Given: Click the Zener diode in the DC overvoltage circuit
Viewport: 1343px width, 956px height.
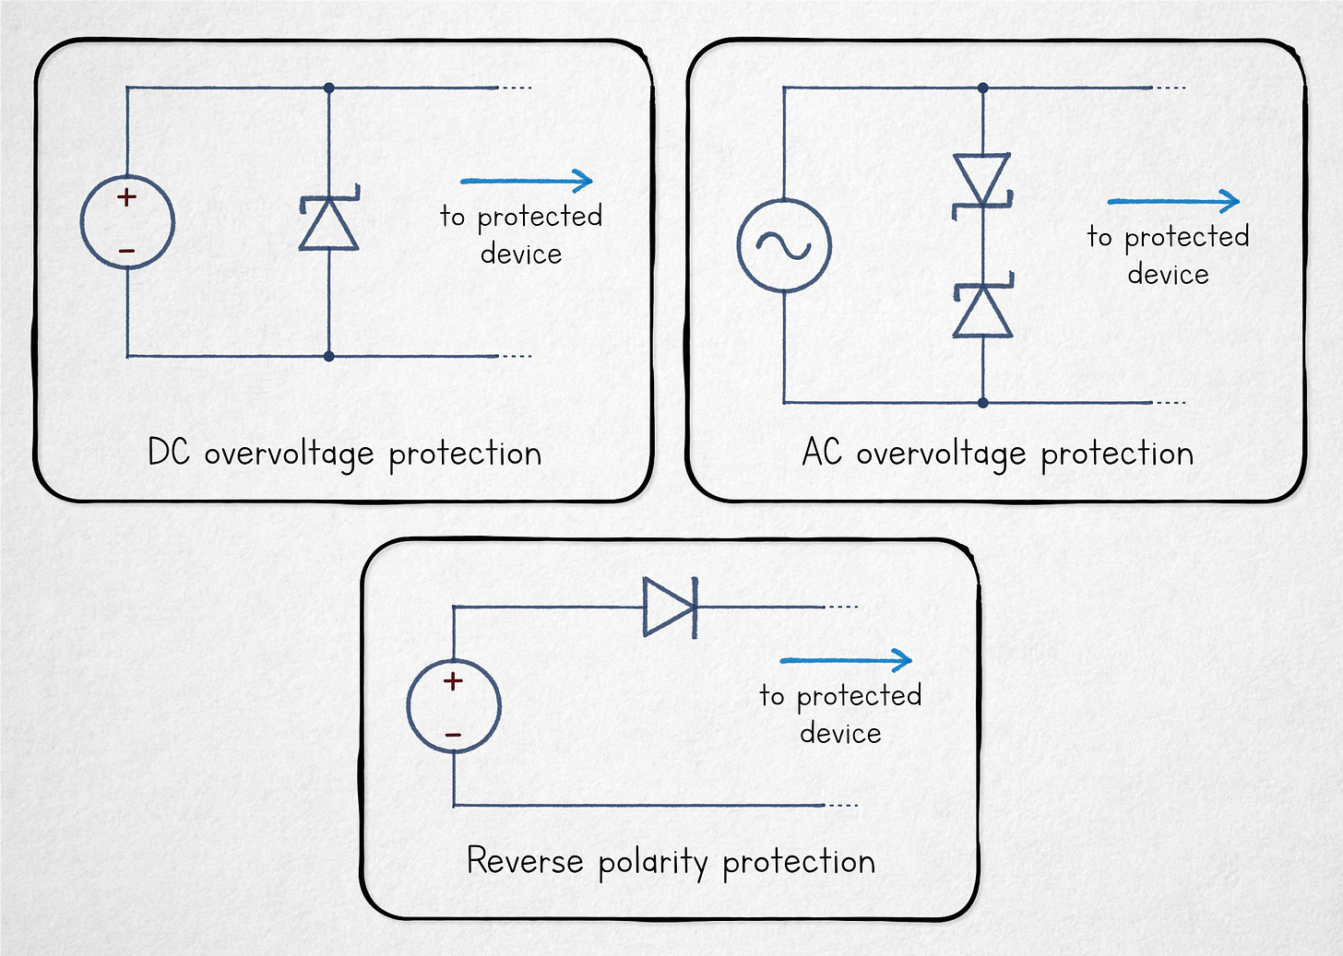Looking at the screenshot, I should pyautogui.click(x=329, y=220).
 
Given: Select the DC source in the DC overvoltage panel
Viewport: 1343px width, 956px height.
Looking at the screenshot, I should pyautogui.click(x=127, y=222).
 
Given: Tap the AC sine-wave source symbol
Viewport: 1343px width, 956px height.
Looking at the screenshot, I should pyautogui.click(x=784, y=245).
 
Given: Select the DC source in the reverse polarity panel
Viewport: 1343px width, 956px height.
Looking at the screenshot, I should pyautogui.click(x=454, y=707).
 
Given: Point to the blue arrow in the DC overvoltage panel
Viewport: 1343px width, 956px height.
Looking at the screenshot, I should pyautogui.click(x=527, y=181).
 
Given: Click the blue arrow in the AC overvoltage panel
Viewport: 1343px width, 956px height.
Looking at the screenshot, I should pyautogui.click(x=1173, y=201).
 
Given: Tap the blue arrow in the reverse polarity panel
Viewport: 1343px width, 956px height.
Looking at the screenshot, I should pyautogui.click(x=846, y=660).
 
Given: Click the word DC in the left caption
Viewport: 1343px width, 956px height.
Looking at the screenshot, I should pyautogui.click(x=169, y=453).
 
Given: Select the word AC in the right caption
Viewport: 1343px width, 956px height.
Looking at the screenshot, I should pyautogui.click(x=822, y=453).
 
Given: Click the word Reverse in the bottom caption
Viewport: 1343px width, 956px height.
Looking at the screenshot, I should pyautogui.click(x=525, y=861).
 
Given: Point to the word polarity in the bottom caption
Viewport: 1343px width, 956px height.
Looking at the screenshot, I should pyautogui.click(x=653, y=863).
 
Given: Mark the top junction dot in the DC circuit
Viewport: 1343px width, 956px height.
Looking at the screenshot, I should pyautogui.click(x=329, y=89).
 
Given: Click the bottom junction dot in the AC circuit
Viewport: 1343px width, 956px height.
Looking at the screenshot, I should pyautogui.click(x=983, y=403).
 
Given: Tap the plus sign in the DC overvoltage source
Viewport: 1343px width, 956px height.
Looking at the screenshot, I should pyautogui.click(x=127, y=196).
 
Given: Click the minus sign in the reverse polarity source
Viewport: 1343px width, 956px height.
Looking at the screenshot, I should pyautogui.click(x=453, y=736).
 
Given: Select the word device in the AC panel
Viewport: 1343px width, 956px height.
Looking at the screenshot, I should pyautogui.click(x=1168, y=275).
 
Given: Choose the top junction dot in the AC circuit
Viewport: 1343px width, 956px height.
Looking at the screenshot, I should pyautogui.click(x=983, y=89).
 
